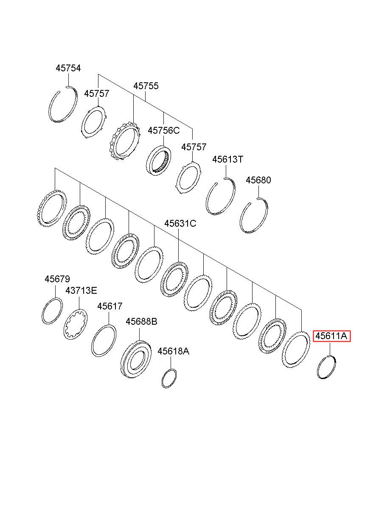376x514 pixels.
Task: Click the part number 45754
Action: pyautogui.click(x=68, y=68)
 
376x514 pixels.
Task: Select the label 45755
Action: pyautogui.click(x=146, y=86)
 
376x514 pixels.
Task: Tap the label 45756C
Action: pyautogui.click(x=163, y=130)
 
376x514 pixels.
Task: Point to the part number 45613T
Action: pyautogui.click(x=227, y=159)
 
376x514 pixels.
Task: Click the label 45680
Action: pyautogui.click(x=258, y=180)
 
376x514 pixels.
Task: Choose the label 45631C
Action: pyautogui.click(x=180, y=223)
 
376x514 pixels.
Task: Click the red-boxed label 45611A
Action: pyautogui.click(x=332, y=336)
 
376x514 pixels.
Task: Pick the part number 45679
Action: pyautogui.click(x=57, y=279)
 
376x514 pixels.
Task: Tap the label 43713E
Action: pyautogui.click(x=81, y=290)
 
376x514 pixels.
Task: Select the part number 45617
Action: pyautogui.click(x=110, y=306)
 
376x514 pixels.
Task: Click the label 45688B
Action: pyautogui.click(x=141, y=321)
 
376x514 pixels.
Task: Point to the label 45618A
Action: pyautogui.click(x=173, y=351)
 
